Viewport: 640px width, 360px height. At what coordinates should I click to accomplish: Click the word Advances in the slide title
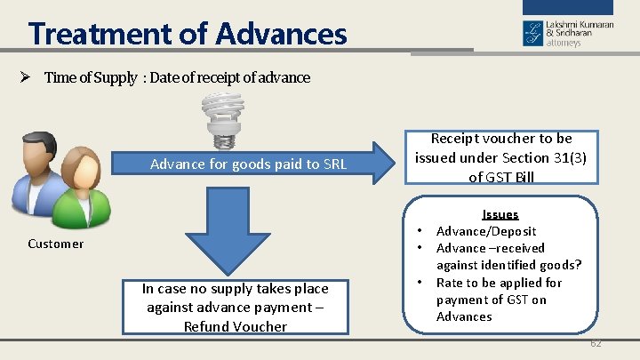pyautogui.click(x=281, y=35)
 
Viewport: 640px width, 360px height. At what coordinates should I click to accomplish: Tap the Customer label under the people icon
pyautogui.click(x=56, y=244)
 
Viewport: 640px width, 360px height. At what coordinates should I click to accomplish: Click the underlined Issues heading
pyautogui.click(x=500, y=214)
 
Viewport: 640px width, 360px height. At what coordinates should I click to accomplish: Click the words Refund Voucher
pyautogui.click(x=236, y=326)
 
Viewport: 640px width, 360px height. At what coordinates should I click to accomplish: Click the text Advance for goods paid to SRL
pyautogui.click(x=248, y=164)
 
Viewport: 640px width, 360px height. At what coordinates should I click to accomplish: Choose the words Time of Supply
pyautogui.click(x=91, y=77)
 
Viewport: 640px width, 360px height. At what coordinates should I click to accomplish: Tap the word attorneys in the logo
pyautogui.click(x=564, y=43)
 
